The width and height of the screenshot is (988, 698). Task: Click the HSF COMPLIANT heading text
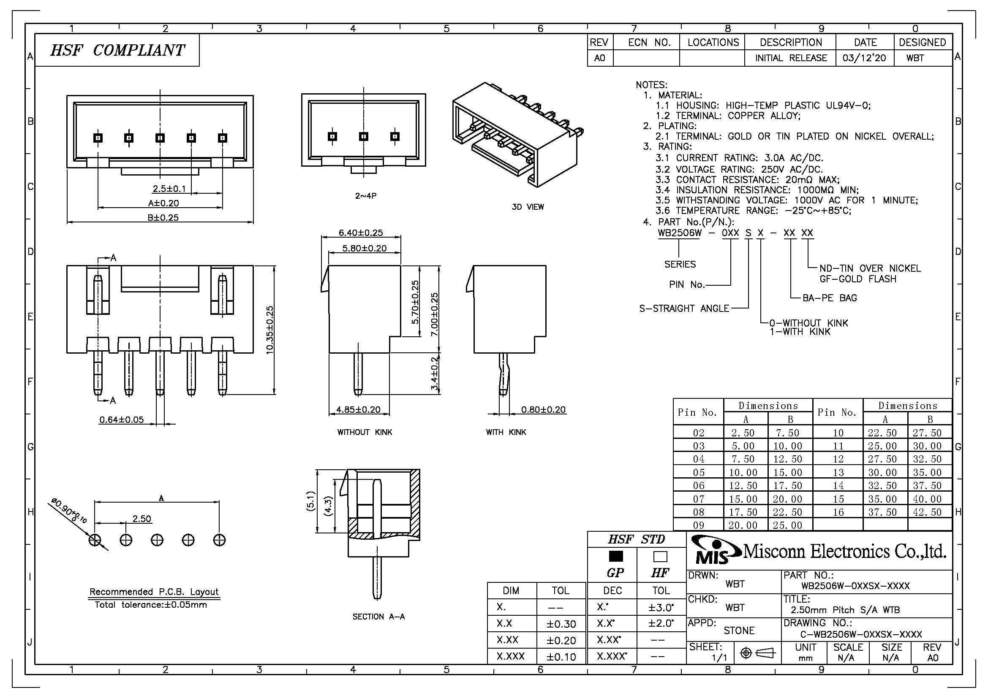pos(117,50)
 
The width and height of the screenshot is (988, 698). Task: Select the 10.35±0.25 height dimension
pos(270,330)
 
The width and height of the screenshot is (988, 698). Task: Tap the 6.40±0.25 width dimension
pos(361,233)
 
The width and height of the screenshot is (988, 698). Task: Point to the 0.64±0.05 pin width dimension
pos(121,419)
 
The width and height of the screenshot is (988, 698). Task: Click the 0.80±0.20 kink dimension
pos(543,410)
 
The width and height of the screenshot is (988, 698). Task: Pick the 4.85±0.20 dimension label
pos(359,410)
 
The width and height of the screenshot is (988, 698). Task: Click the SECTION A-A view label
pos(378,617)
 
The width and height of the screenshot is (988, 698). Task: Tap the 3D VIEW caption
pos(528,207)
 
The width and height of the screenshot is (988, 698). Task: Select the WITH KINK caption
pos(506,433)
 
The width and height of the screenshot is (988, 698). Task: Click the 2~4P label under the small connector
pos(366,196)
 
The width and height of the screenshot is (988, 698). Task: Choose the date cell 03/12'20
pos(865,58)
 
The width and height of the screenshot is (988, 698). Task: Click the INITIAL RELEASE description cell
pos(791,58)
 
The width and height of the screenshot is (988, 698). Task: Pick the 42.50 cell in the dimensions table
pos(927,512)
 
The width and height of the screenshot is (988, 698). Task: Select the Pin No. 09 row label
pos(698,525)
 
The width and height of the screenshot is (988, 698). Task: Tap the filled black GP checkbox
pos(616,556)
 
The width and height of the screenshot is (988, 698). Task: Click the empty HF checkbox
pos(660,556)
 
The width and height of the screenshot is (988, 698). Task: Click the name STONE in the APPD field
pos(739,630)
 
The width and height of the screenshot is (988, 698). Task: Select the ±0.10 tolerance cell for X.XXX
pos(561,656)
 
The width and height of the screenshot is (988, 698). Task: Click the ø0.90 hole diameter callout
pos(69,511)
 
